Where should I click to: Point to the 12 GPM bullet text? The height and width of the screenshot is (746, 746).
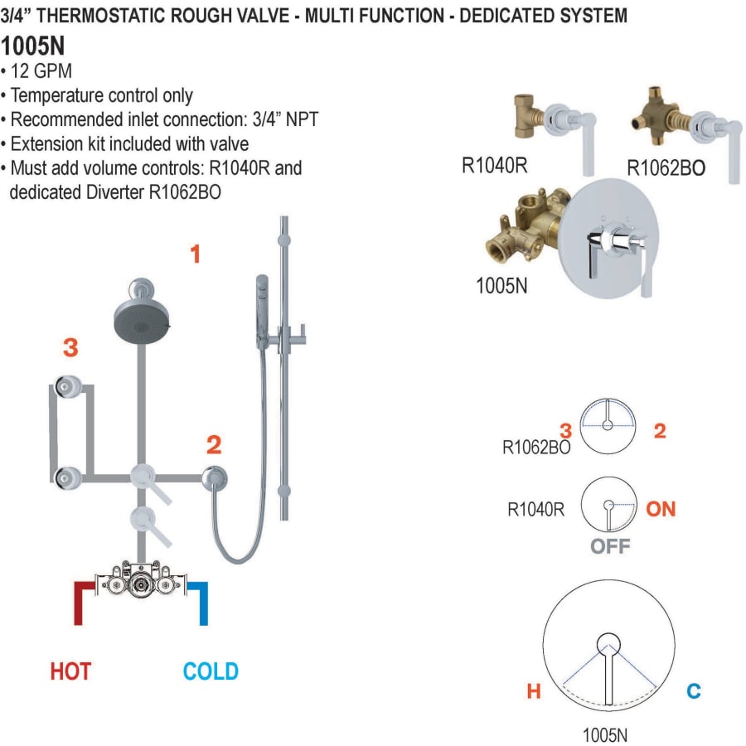pyautogui.click(x=41, y=72)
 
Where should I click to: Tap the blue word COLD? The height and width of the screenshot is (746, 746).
pyautogui.click(x=211, y=671)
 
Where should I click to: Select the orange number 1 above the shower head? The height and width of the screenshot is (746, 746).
pyautogui.click(x=196, y=254)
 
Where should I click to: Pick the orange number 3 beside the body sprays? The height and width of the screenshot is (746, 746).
pyautogui.click(x=70, y=348)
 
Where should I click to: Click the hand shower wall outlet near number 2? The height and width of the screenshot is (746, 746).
pyautogui.click(x=215, y=477)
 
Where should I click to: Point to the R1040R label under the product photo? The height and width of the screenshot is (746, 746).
pyautogui.click(x=495, y=165)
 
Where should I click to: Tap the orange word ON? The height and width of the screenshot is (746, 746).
pyautogui.click(x=661, y=508)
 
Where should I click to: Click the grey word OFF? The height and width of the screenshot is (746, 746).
pyautogui.click(x=610, y=546)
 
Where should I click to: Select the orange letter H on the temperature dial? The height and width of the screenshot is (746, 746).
pyautogui.click(x=534, y=690)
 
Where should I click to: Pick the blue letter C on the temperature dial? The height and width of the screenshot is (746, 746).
pyautogui.click(x=693, y=690)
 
